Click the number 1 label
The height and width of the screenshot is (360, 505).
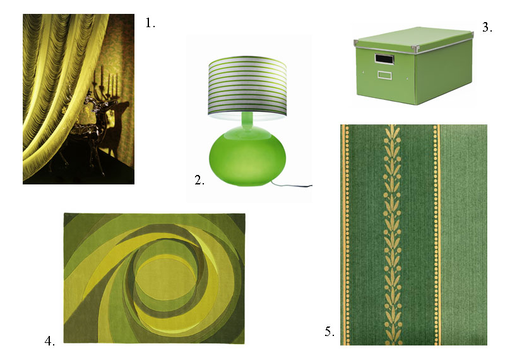click(x=150, y=23)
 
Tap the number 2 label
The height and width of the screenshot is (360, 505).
click(x=199, y=180)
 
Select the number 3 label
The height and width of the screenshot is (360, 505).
click(x=487, y=27)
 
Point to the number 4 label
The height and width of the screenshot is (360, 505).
click(x=50, y=340)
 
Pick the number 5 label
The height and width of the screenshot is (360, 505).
click(x=330, y=332)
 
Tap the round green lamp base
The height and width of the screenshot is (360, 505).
click(x=247, y=156)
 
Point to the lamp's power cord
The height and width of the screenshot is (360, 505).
click(x=292, y=184)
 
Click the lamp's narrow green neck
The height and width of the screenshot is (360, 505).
click(x=247, y=121)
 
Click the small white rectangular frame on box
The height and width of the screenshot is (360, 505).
click(x=384, y=75)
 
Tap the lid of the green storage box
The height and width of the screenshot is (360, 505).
click(x=414, y=39)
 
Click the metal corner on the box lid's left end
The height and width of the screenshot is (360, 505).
click(x=356, y=43)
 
